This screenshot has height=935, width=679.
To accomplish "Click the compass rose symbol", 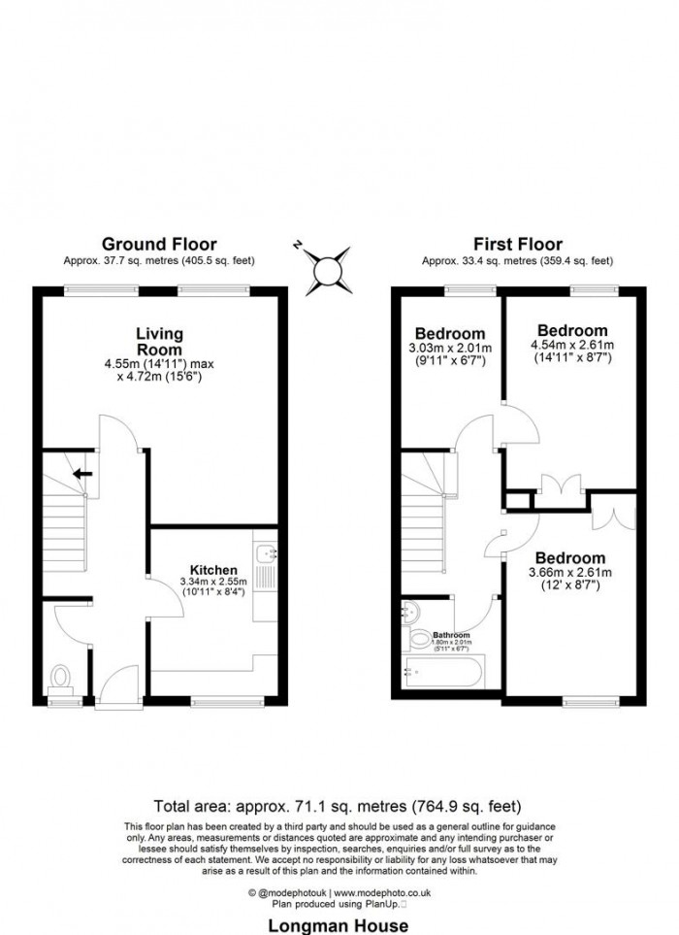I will tap(326, 269).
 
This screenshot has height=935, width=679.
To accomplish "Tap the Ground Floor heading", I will tap(159, 244).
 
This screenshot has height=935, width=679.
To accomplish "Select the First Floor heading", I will tap(517, 244).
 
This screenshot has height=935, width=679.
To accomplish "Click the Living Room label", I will tap(159, 342).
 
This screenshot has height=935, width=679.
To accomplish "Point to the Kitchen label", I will tap(208, 569).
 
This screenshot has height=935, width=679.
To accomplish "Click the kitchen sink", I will tap(265, 554).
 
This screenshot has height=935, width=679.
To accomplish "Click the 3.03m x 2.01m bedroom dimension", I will tap(449, 349).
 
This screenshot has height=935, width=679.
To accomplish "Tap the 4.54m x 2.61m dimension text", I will tap(572, 345).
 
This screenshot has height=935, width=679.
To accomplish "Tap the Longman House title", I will tap(339, 925).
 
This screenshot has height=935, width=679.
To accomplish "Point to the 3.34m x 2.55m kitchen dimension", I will tap(208, 582).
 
